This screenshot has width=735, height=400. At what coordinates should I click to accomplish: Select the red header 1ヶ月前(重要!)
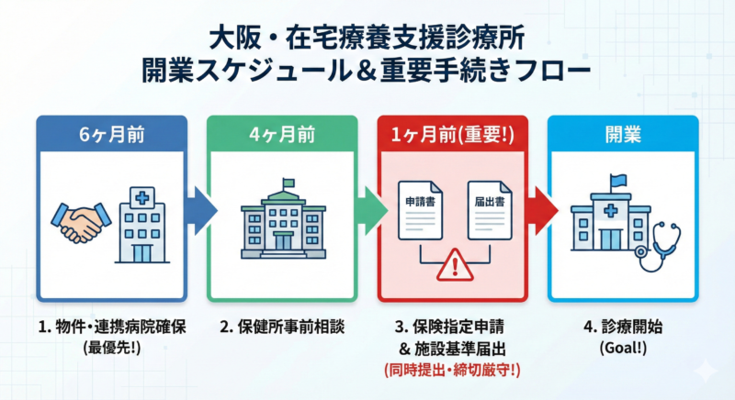click(x=452, y=134)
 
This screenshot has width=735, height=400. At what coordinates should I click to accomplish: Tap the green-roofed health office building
click(x=282, y=220)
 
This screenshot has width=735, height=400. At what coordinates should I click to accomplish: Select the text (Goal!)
click(x=622, y=348)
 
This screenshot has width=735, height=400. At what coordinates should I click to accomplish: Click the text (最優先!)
click(x=108, y=348)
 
